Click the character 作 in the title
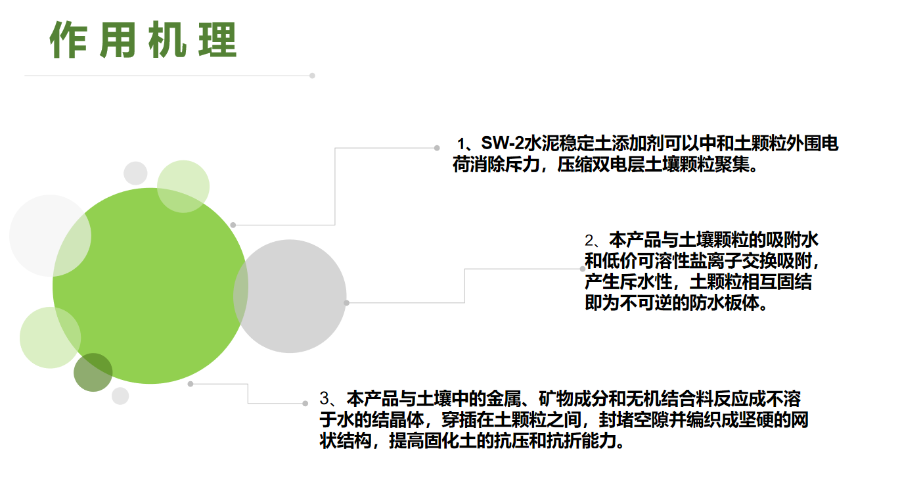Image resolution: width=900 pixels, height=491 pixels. click(x=68, y=40)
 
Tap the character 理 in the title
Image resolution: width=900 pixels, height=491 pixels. click(x=217, y=40)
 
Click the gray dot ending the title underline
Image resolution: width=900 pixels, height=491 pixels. click(x=312, y=76)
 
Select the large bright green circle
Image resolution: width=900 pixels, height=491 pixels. click(x=150, y=286)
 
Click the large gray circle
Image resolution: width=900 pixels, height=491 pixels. click(x=290, y=296)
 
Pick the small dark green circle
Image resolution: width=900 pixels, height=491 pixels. click(x=93, y=373)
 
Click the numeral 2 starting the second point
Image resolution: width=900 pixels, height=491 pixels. click(x=589, y=241)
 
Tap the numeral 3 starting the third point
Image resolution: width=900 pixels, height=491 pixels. click(x=325, y=398)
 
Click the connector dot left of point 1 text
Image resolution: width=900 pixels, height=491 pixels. click(x=437, y=148)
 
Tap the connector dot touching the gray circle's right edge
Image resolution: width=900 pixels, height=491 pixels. click(x=347, y=303)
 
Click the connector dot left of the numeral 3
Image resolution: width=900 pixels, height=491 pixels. click(x=305, y=404)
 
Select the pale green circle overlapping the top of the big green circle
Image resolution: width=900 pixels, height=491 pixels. click(x=183, y=187)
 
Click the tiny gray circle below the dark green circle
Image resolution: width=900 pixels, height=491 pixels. click(x=120, y=396)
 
